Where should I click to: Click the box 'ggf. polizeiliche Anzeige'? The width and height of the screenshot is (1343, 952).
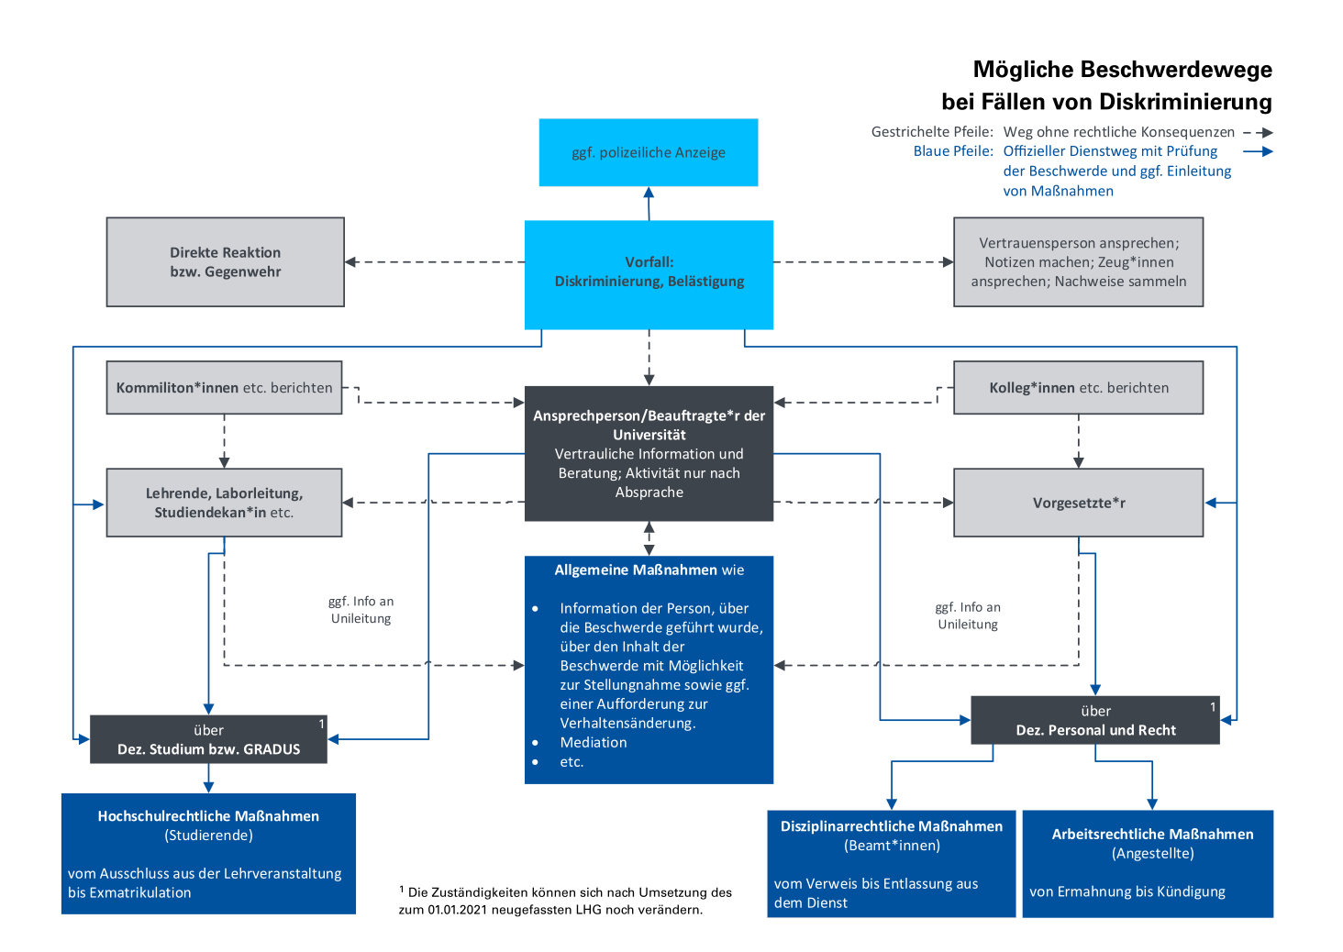[649, 152]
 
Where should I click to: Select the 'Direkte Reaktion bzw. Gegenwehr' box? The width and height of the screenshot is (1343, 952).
[226, 262]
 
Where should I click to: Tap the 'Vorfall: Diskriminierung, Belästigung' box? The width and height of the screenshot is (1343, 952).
[649, 274]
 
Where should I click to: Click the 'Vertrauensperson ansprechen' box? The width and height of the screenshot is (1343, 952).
[1078, 262]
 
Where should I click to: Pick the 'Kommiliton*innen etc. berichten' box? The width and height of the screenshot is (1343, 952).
[224, 387]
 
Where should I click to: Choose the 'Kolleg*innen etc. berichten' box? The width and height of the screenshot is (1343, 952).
[1078, 387]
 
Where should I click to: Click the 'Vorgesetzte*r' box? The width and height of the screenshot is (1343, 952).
[1078, 503]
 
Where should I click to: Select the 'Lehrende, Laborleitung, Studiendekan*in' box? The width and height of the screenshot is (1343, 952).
[224, 503]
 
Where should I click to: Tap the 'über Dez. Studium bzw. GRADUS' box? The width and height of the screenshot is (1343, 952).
[208, 739]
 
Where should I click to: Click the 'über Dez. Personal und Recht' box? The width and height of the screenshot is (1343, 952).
[1095, 720]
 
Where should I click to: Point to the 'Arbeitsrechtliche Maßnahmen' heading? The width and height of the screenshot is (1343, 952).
[1152, 834]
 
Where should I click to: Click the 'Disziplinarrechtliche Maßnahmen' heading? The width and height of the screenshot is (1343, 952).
[892, 826]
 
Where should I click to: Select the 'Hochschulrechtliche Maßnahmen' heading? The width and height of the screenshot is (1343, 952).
[208, 816]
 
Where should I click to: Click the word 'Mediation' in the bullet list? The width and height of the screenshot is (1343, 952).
[594, 742]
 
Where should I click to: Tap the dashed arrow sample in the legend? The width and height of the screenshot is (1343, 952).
[1258, 132]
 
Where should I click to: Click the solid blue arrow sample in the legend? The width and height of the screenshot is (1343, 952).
[1258, 151]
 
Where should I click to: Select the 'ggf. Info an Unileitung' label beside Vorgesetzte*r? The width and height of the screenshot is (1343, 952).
[968, 615]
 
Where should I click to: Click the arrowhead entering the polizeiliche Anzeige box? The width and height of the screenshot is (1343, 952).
[649, 193]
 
